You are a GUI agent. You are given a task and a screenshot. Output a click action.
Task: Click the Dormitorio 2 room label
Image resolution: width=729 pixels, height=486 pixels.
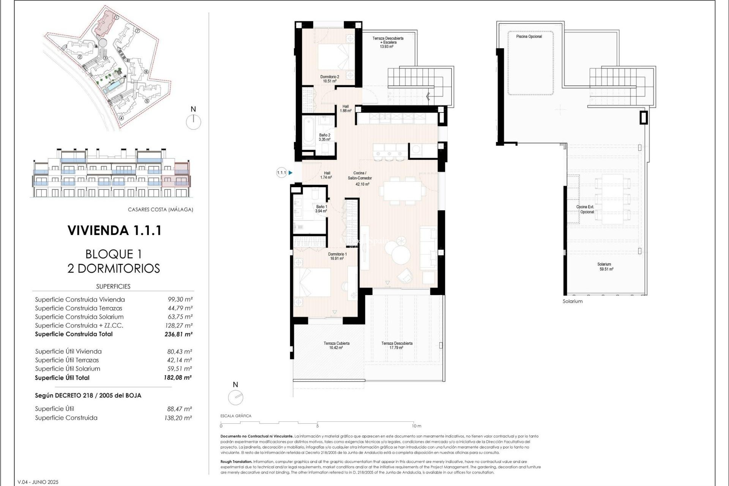[329, 79]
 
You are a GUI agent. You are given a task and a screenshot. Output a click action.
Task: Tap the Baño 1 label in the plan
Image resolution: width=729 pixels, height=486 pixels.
[321, 209]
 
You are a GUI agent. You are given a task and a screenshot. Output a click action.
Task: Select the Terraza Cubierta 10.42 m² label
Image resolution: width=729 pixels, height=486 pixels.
[336, 345]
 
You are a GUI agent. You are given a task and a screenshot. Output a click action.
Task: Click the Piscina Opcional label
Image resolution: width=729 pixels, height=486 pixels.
[529, 36]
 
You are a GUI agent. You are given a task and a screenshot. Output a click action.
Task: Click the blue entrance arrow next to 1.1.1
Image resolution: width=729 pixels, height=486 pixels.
[290, 173]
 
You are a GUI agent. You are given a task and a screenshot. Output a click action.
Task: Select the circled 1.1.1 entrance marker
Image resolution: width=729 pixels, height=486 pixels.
[281, 173]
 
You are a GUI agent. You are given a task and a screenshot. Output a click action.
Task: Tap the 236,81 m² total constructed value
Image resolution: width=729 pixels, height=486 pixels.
[178, 335]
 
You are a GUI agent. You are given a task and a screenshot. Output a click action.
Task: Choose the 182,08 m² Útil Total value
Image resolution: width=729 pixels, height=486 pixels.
[178, 378]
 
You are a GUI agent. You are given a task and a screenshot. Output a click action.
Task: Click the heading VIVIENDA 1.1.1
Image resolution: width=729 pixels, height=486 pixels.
[114, 230]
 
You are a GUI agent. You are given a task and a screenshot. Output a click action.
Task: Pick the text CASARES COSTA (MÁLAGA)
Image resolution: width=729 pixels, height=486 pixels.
[160, 210]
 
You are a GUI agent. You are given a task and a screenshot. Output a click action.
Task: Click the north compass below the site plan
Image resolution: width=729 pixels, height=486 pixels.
[194, 122]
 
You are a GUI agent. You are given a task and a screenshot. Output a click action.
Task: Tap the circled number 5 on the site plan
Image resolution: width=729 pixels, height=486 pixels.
[147, 101]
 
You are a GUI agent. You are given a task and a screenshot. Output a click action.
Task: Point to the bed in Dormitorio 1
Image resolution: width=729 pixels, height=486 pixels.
[312, 283]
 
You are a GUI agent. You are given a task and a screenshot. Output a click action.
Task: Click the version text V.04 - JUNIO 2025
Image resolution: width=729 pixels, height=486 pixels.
[38, 482]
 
